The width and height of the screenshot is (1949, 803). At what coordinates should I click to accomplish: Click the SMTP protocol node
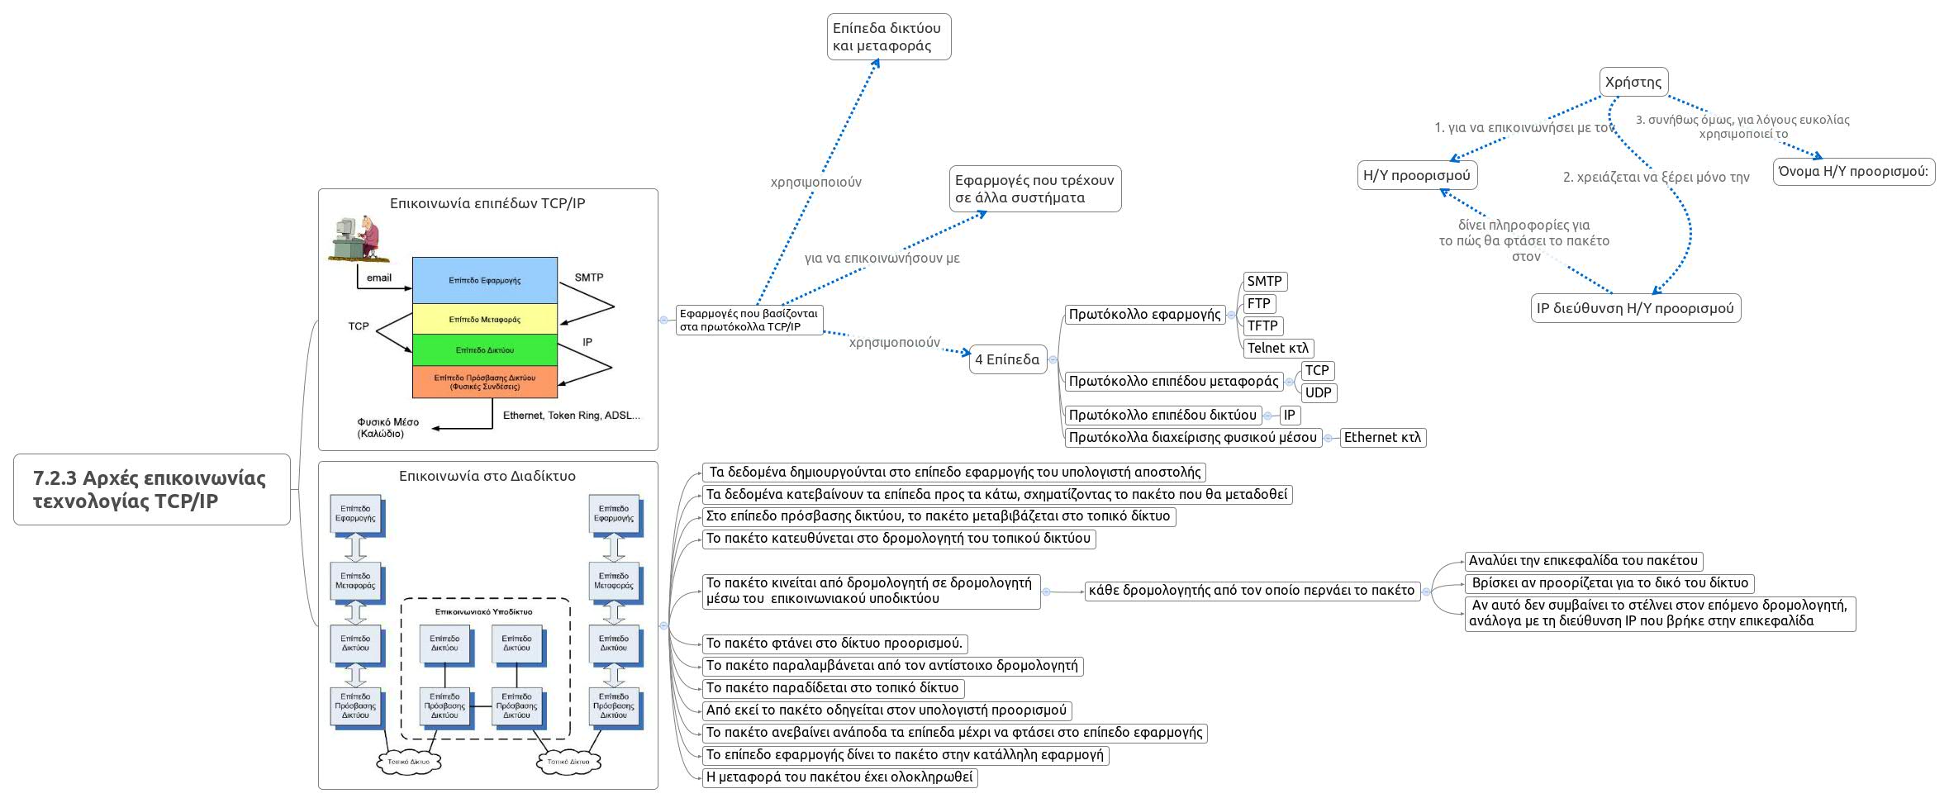1264,281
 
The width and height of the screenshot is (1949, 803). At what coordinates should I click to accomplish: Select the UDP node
1318,392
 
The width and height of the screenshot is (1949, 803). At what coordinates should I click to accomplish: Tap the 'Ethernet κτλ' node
1382,437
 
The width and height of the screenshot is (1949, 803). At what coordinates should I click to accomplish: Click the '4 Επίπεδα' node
1007,359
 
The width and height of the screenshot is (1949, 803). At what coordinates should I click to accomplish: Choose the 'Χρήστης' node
1633,82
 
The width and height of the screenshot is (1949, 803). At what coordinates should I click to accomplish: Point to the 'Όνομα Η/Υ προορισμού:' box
1853,171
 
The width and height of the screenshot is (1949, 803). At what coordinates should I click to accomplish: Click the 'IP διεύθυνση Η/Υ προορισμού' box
1635,308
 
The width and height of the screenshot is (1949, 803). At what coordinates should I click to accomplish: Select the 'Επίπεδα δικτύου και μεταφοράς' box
888,36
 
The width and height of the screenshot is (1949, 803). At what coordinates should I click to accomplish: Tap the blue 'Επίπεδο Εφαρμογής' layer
485,280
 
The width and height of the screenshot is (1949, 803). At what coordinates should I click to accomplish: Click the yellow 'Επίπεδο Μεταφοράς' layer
485,319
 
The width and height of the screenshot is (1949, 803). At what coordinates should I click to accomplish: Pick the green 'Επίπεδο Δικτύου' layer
485,350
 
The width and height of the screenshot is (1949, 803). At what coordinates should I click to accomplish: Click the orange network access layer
485,382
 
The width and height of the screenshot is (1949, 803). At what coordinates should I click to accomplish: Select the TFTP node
1262,325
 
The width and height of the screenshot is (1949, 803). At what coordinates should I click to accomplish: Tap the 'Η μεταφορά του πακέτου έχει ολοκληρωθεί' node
839,777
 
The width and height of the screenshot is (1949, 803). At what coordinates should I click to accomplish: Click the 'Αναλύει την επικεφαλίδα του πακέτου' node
1583,560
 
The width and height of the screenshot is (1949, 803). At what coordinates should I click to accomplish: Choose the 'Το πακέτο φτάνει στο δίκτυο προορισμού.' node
834,643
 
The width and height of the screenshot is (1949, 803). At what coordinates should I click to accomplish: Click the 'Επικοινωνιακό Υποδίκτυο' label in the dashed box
484,612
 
